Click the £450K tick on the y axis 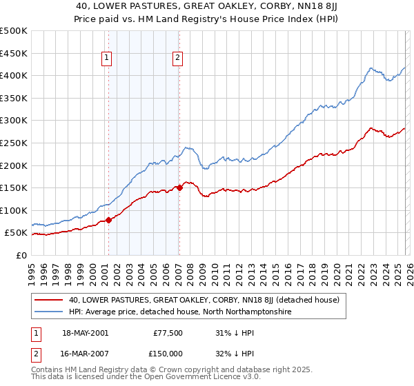pos(14,53)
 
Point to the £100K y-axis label pos(14,211)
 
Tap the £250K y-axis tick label pos(14,143)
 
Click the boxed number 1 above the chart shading pos(108,59)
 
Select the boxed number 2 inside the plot pos(177,59)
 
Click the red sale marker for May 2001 pos(109,221)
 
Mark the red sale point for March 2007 pos(179,187)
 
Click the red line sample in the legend pos(48,300)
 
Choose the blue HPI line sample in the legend pos(48,312)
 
